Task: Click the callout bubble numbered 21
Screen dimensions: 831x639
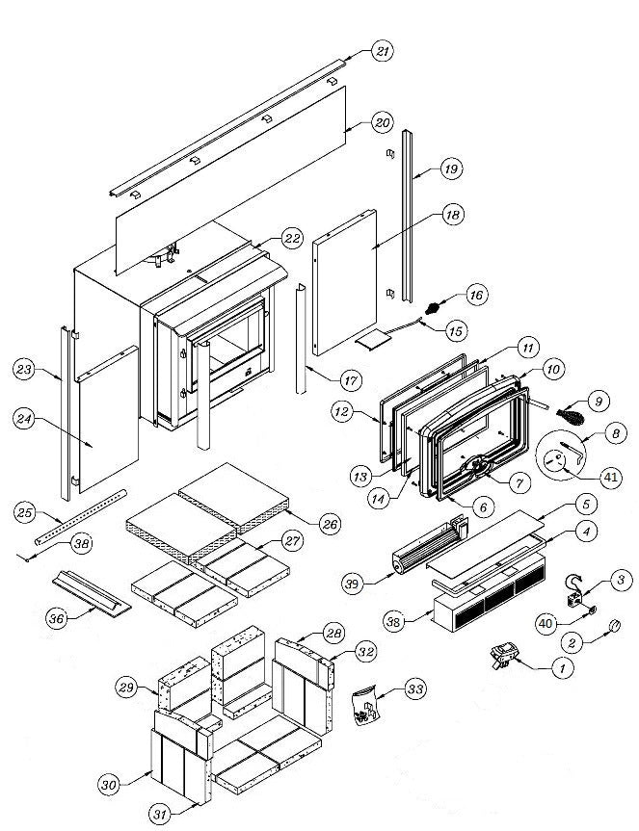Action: click(383, 53)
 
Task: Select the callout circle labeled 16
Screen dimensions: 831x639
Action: click(477, 293)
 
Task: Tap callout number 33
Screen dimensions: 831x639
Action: click(414, 689)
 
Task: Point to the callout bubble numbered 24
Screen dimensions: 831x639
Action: click(26, 418)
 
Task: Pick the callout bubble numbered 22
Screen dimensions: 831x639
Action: click(293, 239)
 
